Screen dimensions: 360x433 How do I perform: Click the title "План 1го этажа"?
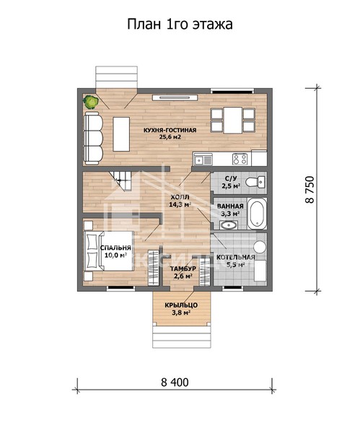pyautogui.click(x=180, y=25)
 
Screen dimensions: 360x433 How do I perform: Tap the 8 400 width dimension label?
pyautogui.click(x=175, y=382)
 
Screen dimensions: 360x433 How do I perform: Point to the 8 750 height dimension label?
pyautogui.click(x=310, y=190)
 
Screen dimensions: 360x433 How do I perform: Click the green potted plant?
pyautogui.click(x=91, y=102)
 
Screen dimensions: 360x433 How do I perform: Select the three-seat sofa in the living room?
pyautogui.click(x=93, y=138)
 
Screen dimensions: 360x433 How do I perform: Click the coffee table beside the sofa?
pyautogui.click(x=121, y=134)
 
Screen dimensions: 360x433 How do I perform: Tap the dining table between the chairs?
pyautogui.click(x=233, y=120)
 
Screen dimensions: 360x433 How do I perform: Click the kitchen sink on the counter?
pyautogui.click(x=203, y=159)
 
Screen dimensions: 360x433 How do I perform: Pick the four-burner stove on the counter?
pyautogui.click(x=240, y=159)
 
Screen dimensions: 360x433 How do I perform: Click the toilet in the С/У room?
pyautogui.click(x=255, y=182)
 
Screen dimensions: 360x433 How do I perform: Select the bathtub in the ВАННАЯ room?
pyautogui.click(x=257, y=213)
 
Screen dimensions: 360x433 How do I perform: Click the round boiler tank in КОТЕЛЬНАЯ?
pyautogui.click(x=260, y=247)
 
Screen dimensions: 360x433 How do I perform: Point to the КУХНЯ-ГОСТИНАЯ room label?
pyautogui.click(x=170, y=130)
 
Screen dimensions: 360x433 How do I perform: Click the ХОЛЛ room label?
pyautogui.click(x=180, y=197)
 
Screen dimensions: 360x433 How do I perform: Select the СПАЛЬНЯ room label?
pyautogui.click(x=115, y=248)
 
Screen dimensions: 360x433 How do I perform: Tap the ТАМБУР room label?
pyautogui.click(x=183, y=268)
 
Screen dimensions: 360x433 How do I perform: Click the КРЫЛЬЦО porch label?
pyautogui.click(x=181, y=305)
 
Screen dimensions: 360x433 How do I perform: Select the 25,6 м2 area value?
pyautogui.click(x=170, y=137)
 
